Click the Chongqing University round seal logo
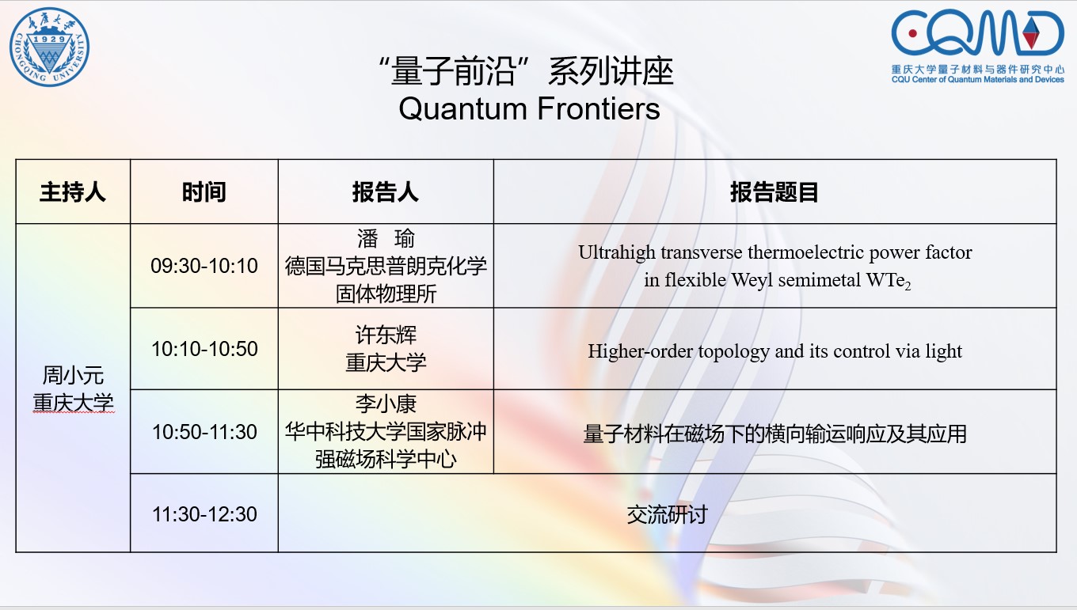(x=50, y=47)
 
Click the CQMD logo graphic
(x=977, y=32)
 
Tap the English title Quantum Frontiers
(x=529, y=108)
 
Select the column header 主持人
(x=73, y=192)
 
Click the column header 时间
(x=204, y=192)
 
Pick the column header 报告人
(x=386, y=192)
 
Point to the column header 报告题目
(x=774, y=192)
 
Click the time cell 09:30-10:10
(x=204, y=266)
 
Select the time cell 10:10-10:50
(x=204, y=349)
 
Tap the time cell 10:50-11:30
(x=204, y=432)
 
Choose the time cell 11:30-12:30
(x=204, y=514)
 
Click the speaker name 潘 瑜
(x=386, y=238)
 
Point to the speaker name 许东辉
(x=386, y=335)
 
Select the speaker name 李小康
(x=386, y=404)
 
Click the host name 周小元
(x=73, y=375)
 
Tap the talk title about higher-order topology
(x=774, y=351)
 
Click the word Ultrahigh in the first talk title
(x=617, y=252)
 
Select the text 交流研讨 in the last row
(x=667, y=515)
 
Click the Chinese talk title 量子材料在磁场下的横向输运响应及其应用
(x=774, y=434)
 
